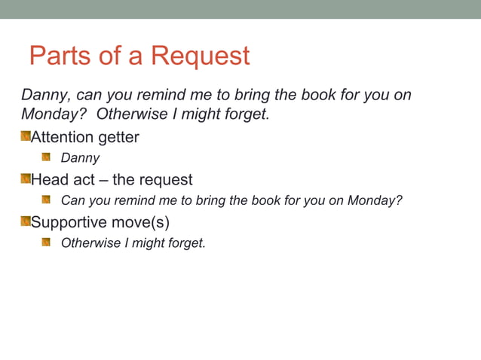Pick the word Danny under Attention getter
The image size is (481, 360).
[x=79, y=158]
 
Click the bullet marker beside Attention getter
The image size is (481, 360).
[x=25, y=137]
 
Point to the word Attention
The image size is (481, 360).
[x=62, y=138]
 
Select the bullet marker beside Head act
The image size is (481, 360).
[x=25, y=179]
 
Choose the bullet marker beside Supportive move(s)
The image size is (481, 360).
[x=25, y=221]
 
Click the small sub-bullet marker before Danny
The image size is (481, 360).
[x=46, y=157]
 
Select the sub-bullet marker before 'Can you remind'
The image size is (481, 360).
[x=46, y=200]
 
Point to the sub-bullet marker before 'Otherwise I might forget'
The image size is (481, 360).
[x=46, y=243]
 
